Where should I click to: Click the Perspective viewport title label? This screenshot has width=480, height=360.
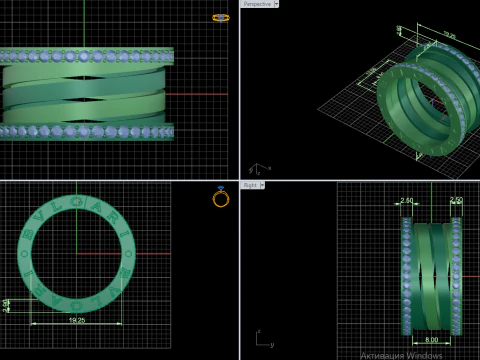[256, 4]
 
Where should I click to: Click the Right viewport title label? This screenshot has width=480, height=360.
[251, 185]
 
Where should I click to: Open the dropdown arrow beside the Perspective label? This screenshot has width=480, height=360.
[276, 4]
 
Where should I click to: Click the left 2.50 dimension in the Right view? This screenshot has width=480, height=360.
[407, 201]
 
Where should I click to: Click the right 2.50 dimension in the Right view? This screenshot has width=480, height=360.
[456, 201]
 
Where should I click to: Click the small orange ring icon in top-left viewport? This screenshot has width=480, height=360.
[221, 17]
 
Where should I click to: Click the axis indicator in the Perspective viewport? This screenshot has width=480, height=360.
[256, 168]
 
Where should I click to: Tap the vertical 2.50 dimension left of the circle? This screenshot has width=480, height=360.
[7, 305]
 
